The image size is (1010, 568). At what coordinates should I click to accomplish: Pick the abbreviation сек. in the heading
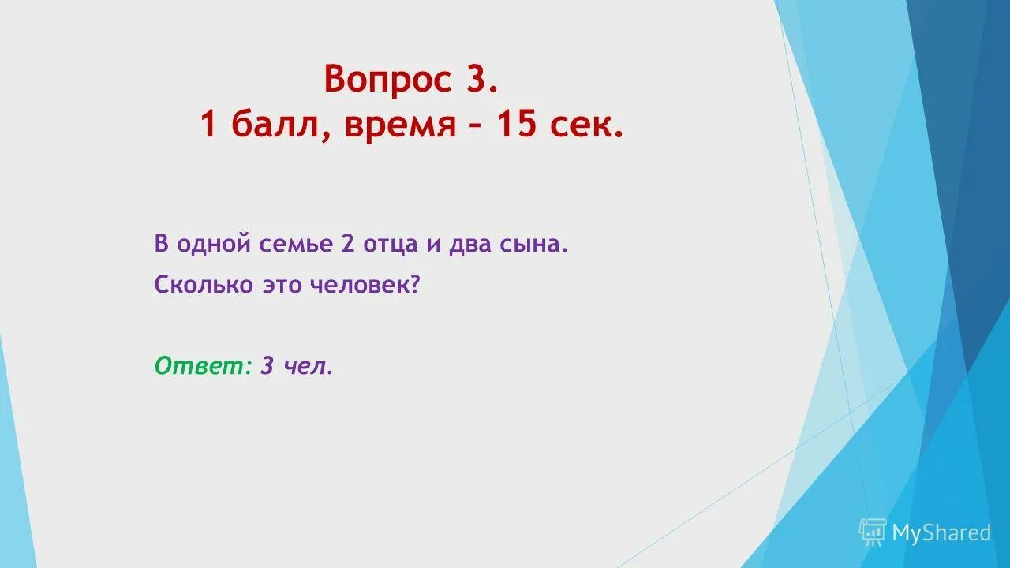point(587,125)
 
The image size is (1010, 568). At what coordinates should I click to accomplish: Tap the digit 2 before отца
point(347,245)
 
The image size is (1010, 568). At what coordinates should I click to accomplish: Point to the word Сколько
point(204,285)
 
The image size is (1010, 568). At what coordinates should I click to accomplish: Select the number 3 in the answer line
point(267,365)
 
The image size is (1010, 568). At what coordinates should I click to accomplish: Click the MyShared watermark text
point(941,533)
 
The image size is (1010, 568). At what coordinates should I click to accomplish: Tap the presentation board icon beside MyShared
point(873,532)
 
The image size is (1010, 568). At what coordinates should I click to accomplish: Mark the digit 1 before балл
point(208,125)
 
